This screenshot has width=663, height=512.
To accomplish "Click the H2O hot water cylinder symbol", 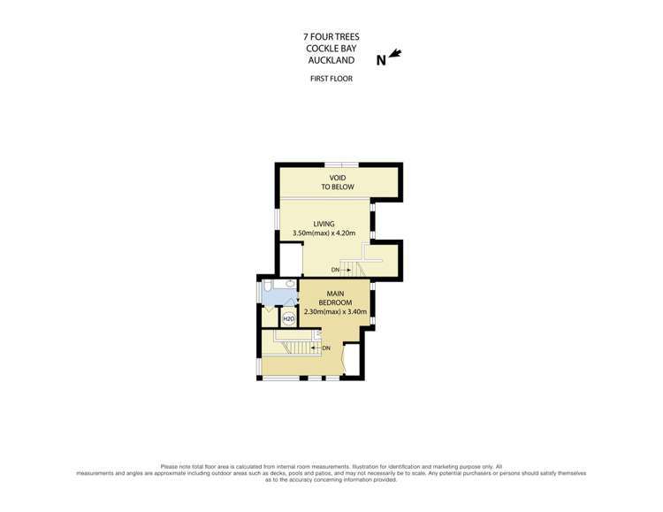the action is pyautogui.click(x=288, y=318).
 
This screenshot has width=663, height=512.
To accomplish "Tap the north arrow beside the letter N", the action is pyautogui.click(x=395, y=53).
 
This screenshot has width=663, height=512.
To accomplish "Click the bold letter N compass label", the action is pyautogui.click(x=381, y=60).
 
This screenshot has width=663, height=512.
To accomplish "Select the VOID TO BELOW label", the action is pyautogui.click(x=338, y=182).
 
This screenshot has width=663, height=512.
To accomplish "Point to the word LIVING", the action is pyautogui.click(x=324, y=224).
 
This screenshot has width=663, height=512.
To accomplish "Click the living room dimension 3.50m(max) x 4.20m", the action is pyautogui.click(x=324, y=233).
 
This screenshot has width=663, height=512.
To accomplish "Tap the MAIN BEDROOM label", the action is pyautogui.click(x=335, y=298).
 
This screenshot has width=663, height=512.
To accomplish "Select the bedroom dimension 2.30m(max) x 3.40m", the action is pyautogui.click(x=335, y=312).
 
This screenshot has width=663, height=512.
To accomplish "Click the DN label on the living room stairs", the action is pyautogui.click(x=335, y=270).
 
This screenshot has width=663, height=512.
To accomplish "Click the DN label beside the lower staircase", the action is pyautogui.click(x=326, y=348).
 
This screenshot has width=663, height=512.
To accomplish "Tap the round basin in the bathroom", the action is pyautogui.click(x=291, y=283).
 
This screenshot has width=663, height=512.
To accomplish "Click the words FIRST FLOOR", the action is pyautogui.click(x=331, y=79).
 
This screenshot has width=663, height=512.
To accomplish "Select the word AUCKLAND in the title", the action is pyautogui.click(x=331, y=60).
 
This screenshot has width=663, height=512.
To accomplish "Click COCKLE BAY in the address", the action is pyautogui.click(x=331, y=49).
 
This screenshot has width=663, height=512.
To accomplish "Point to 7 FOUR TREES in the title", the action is pyautogui.click(x=331, y=37).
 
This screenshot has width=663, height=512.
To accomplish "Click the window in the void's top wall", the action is pyautogui.click(x=341, y=165).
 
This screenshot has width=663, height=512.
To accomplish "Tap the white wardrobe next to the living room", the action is pyautogui.click(x=292, y=260).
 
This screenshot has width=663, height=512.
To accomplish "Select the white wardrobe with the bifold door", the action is pyautogui.click(x=353, y=360).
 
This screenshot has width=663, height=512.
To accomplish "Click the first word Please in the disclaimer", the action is pyautogui.click(x=168, y=466).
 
